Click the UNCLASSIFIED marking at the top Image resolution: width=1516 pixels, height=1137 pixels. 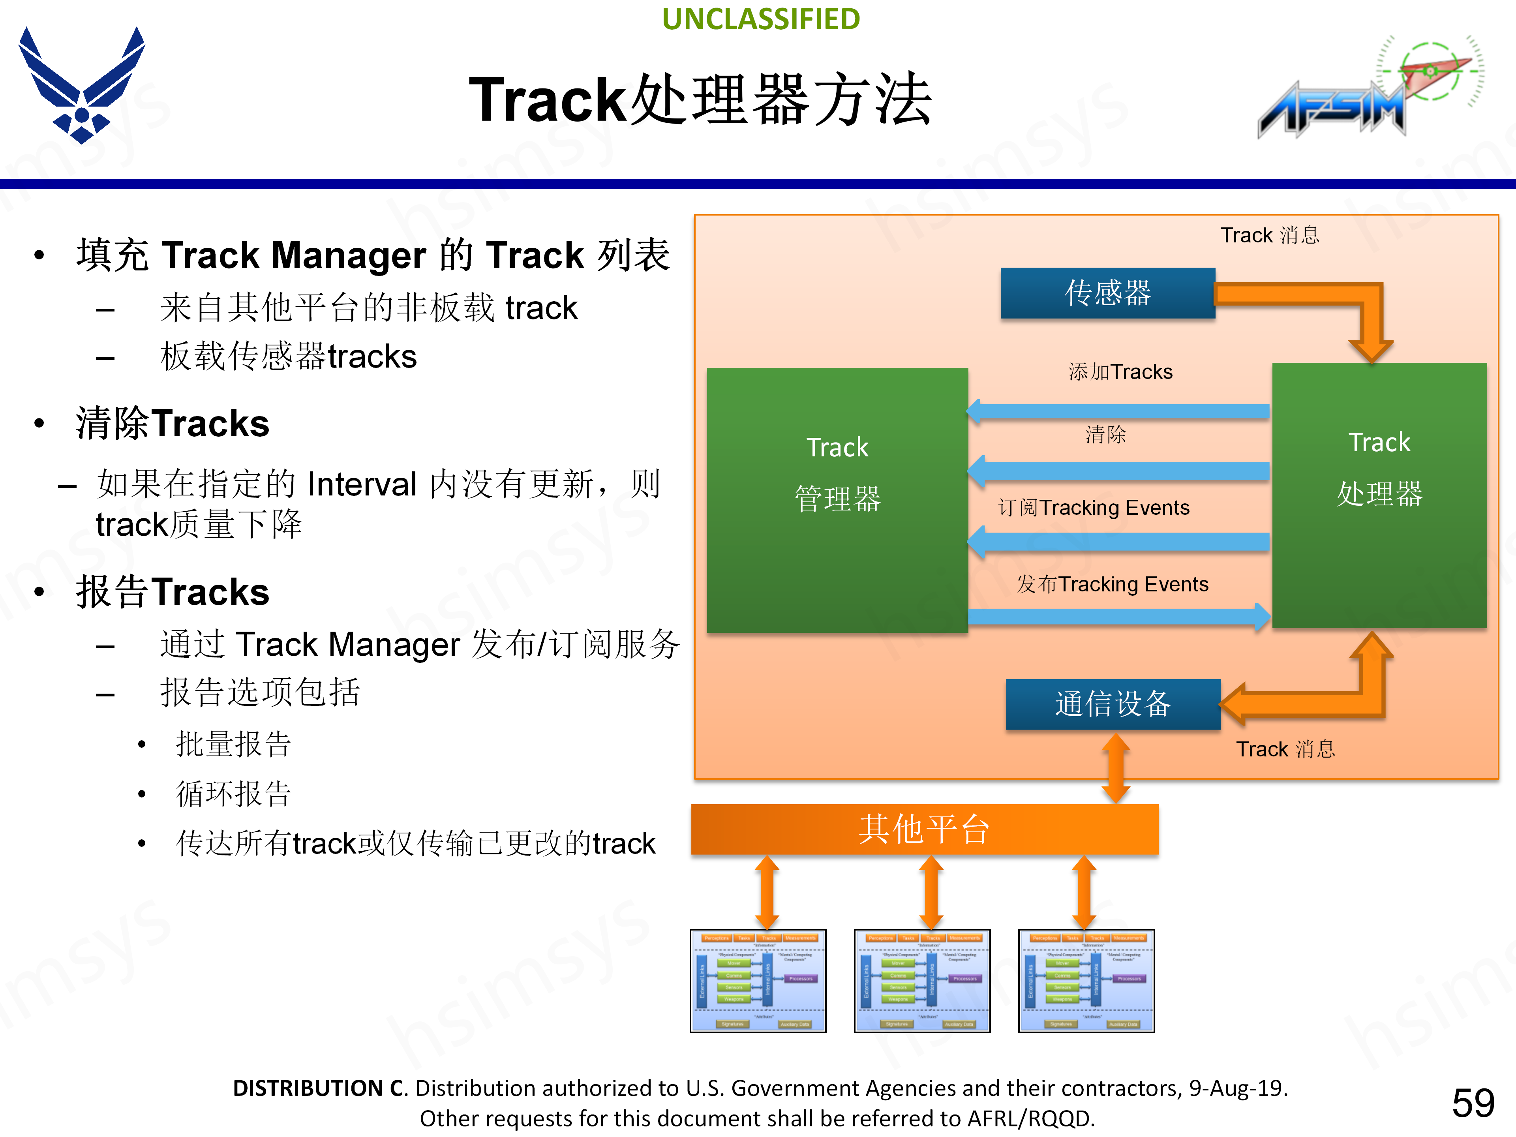coord(761,19)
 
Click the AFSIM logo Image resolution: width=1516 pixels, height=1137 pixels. coord(1367,89)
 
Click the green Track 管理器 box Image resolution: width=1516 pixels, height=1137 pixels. coord(837,500)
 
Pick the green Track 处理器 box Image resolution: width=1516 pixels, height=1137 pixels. coord(1379,495)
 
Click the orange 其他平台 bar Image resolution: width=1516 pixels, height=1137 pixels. coord(924,829)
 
